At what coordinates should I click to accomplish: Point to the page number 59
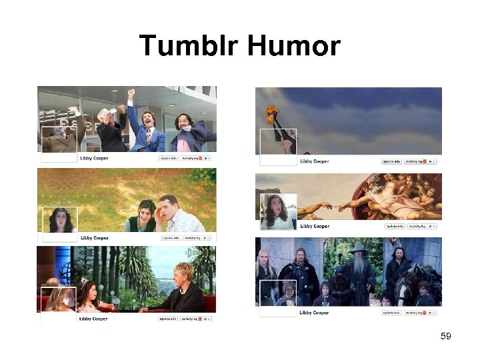446,336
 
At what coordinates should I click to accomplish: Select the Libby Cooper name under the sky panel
314,161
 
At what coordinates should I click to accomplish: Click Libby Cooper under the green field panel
95,238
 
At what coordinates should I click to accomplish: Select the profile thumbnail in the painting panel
278,211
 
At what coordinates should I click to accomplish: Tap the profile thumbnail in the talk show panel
59,300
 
